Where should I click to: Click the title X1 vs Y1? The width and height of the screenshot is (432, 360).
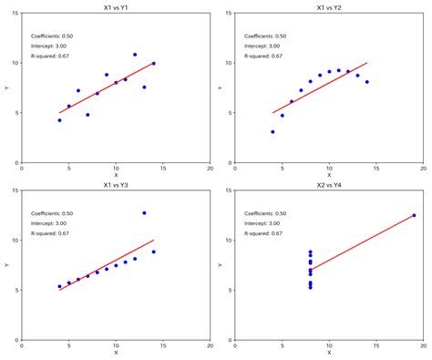click(115, 7)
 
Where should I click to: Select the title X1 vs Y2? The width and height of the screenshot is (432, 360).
click(329, 7)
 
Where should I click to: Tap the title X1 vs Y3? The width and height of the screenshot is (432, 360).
click(115, 185)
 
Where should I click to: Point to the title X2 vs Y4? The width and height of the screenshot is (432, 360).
click(329, 185)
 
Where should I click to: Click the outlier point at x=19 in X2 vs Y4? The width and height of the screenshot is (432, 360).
click(414, 216)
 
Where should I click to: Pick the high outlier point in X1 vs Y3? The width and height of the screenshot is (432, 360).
click(144, 213)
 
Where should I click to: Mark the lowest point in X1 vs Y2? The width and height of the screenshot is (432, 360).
click(273, 132)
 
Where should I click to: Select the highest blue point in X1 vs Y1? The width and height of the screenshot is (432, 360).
click(135, 55)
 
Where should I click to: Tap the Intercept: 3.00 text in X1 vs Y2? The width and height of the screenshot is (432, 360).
click(262, 46)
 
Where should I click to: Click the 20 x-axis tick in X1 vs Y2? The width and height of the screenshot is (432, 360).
click(424, 168)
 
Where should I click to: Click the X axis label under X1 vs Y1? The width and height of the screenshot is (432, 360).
click(116, 175)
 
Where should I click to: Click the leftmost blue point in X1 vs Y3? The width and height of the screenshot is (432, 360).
click(59, 286)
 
